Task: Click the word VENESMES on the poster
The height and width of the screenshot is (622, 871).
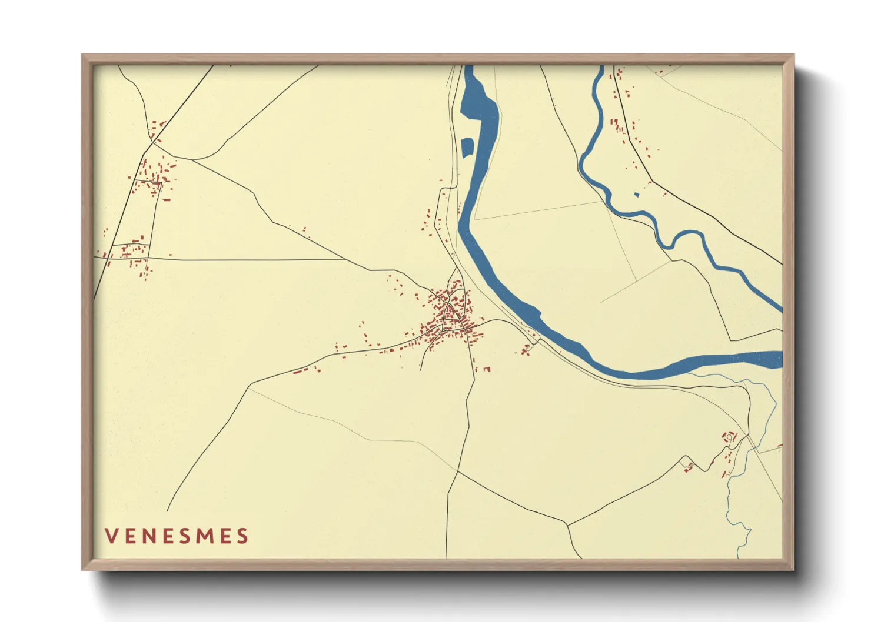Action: click(177, 536)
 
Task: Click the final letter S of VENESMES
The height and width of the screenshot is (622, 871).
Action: click(242, 536)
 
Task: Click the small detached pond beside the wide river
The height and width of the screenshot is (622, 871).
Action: click(467, 147)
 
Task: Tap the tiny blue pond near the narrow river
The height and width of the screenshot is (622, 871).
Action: click(636, 195)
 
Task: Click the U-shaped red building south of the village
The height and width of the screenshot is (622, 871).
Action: click(487, 369)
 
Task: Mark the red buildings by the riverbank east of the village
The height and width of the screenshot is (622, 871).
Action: click(525, 350)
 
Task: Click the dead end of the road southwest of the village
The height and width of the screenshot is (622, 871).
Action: click(420, 370)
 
